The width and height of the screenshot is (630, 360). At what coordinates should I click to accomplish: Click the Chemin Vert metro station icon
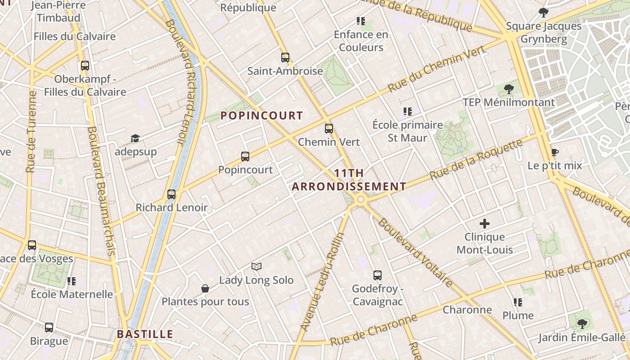pyautogui.click(x=329, y=129)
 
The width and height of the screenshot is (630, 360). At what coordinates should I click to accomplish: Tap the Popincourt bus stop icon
pyautogui.click(x=245, y=157)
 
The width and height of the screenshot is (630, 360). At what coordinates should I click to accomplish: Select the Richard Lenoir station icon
pyautogui.click(x=171, y=194)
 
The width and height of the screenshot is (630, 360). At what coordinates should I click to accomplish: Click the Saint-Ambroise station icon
pyautogui.click(x=285, y=58)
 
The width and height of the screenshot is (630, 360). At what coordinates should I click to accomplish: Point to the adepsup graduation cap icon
pyautogui.click(x=135, y=138)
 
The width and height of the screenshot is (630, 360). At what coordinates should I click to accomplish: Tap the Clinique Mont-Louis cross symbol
pyautogui.click(x=485, y=223)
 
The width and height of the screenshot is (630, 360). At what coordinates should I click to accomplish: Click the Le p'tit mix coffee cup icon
pyautogui.click(x=555, y=153)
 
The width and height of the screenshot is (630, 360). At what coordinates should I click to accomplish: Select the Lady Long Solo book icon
pyautogui.click(x=256, y=267)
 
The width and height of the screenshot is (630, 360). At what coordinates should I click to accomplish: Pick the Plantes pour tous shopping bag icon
pyautogui.click(x=205, y=288)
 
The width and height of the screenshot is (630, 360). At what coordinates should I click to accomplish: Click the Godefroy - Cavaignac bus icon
pyautogui.click(x=378, y=275)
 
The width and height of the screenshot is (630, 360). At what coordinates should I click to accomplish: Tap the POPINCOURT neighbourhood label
pyautogui.click(x=261, y=116)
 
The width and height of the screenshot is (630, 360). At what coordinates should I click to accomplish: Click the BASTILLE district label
pyautogui.click(x=145, y=334)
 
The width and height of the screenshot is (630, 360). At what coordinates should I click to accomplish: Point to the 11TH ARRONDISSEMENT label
pyautogui.click(x=349, y=180)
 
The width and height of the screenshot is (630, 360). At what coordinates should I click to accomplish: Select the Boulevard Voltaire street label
pyautogui.click(x=415, y=252)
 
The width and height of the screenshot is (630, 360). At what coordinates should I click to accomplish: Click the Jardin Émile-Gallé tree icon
pyautogui.click(x=582, y=324)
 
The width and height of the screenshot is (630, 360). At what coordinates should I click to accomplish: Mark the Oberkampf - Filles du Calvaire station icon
pyautogui.click(x=85, y=66)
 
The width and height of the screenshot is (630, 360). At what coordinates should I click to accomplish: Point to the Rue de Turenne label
pyautogui.click(x=31, y=132)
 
